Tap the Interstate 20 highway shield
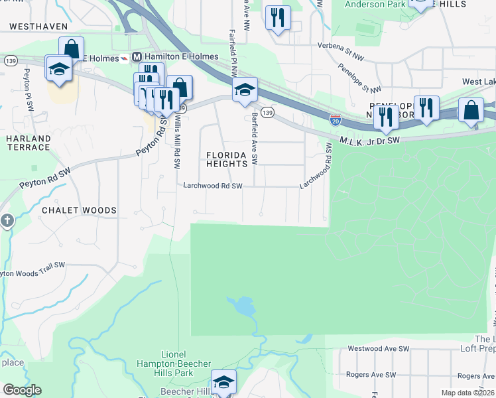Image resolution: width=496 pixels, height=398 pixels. (x=336, y=120)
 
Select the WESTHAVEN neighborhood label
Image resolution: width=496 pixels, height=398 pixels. (x=38, y=27)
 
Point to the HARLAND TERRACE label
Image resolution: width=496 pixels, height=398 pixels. (x=29, y=143)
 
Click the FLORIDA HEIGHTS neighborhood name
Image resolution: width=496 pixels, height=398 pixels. (x=231, y=159)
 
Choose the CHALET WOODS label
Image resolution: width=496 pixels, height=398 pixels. (x=79, y=210)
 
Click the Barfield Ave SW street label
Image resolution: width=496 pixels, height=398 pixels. (x=254, y=139)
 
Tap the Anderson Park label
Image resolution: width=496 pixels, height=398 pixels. (x=374, y=5)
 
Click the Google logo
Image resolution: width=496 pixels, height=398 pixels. (x=22, y=390)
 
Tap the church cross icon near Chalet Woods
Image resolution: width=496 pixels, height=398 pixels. (x=7, y=220)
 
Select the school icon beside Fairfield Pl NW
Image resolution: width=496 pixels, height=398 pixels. (x=244, y=90)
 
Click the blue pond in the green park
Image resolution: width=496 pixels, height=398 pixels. (x=242, y=306)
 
